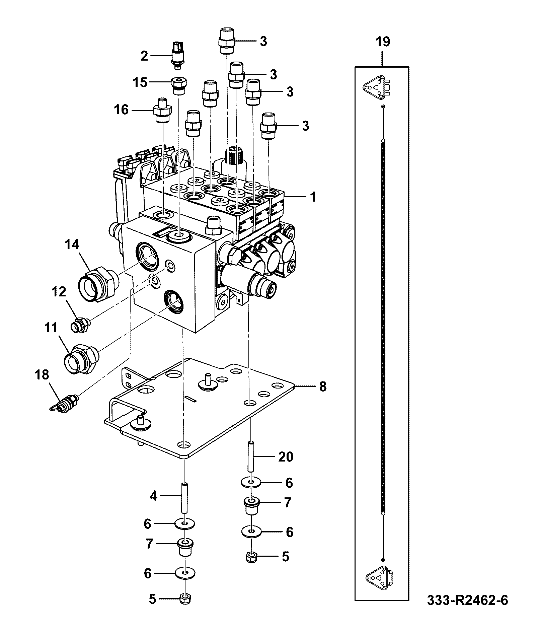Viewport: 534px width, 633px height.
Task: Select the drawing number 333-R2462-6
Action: tap(467, 600)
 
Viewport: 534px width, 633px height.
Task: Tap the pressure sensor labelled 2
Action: tap(177, 55)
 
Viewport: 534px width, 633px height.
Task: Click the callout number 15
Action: tap(140, 82)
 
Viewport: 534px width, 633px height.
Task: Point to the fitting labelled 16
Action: tap(162, 110)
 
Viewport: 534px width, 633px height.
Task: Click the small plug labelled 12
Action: tap(81, 325)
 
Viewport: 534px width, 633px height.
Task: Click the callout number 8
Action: tap(322, 386)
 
